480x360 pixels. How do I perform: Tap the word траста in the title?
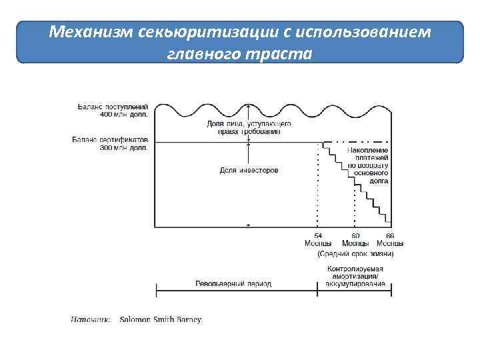tap(279, 53)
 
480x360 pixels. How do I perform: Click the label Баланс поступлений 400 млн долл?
tap(113, 110)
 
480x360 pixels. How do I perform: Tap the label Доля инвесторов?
tap(249, 171)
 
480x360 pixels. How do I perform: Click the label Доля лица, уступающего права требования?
tap(249, 127)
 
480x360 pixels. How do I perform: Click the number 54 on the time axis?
tap(318, 236)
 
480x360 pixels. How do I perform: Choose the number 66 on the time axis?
tap(390, 236)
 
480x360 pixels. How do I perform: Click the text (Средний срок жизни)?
tap(355, 253)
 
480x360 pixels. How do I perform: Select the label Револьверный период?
tap(233, 283)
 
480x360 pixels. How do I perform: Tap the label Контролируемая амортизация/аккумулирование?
tap(355, 276)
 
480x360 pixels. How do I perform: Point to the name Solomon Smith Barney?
tap(161, 319)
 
